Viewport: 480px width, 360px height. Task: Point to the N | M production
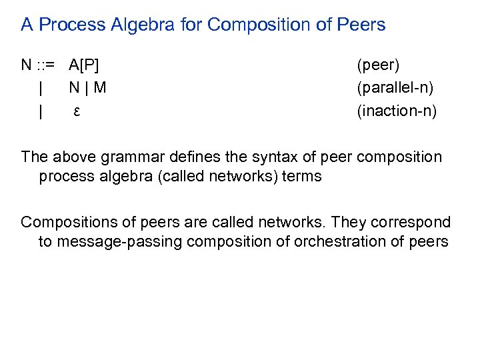[87, 88]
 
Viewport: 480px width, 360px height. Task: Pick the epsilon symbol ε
[77, 111]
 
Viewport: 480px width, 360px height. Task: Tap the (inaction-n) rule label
[397, 111]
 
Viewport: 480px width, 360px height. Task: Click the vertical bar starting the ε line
[41, 111]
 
